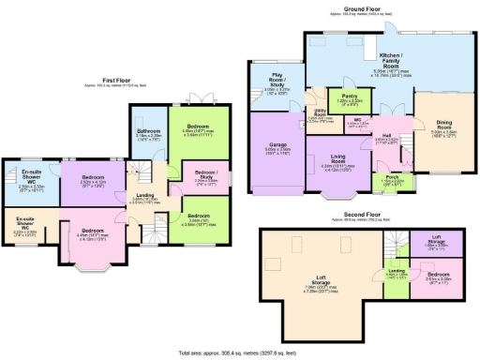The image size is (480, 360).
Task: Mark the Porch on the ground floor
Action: tap(386, 180)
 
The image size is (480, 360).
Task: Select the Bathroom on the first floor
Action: tap(149, 133)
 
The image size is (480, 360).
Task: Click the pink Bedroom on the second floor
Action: tap(435, 277)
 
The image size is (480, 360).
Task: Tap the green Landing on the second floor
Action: tap(397, 273)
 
